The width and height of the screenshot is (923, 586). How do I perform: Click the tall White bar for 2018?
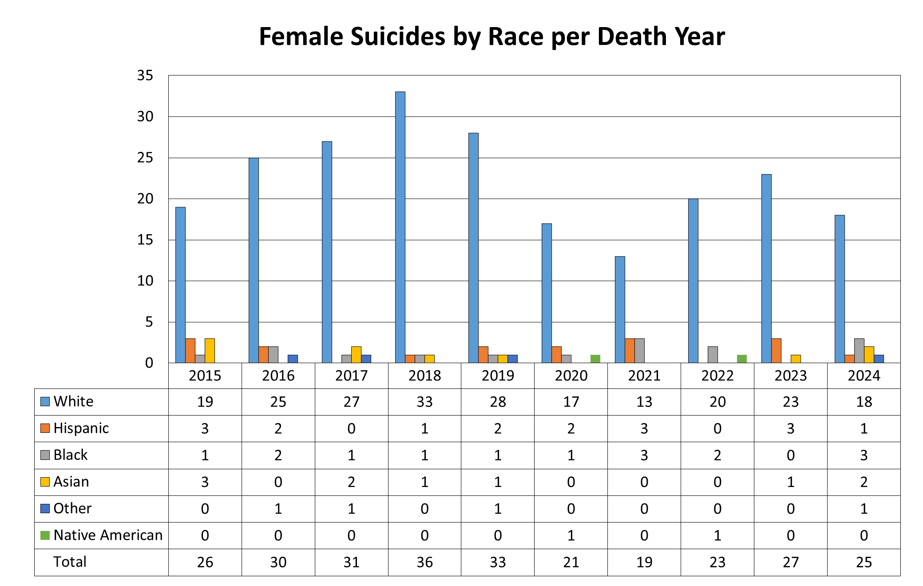pyautogui.click(x=400, y=227)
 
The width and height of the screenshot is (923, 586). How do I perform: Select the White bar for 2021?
pyautogui.click(x=620, y=309)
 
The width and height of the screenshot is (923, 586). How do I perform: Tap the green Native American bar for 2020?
pyautogui.click(x=595, y=359)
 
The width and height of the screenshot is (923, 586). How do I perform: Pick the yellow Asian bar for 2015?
pyautogui.click(x=210, y=351)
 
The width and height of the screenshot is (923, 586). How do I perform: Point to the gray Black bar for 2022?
pyautogui.click(x=713, y=355)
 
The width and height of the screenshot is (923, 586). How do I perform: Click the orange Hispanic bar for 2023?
pyautogui.click(x=776, y=351)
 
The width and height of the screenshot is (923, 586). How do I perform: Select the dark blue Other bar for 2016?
pyautogui.click(x=293, y=359)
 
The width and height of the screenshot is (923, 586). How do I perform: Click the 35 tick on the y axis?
pyautogui.click(x=145, y=75)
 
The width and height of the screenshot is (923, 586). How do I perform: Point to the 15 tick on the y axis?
pyautogui.click(x=145, y=240)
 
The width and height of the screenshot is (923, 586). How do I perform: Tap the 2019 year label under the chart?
pyautogui.click(x=498, y=376)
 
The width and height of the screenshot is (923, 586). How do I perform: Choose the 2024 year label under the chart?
pyautogui.click(x=864, y=376)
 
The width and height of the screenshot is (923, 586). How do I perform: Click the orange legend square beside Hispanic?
pyautogui.click(x=45, y=428)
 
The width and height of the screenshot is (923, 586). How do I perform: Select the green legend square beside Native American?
pyautogui.click(x=45, y=535)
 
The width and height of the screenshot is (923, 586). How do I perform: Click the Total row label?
pyautogui.click(x=70, y=562)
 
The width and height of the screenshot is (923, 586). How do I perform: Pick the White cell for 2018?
pyautogui.click(x=424, y=402)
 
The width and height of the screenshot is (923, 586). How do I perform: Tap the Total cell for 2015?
pyautogui.click(x=205, y=562)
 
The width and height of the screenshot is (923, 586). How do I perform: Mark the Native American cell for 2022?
pyautogui.click(x=717, y=535)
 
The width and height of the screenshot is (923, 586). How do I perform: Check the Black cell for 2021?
pyautogui.click(x=644, y=455)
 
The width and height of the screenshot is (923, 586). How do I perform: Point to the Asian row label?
pyautogui.click(x=71, y=482)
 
